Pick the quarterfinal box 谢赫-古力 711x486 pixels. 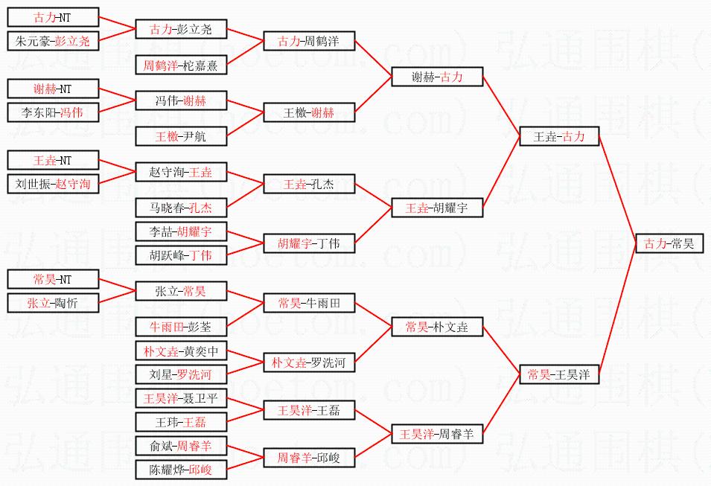coord(438,77)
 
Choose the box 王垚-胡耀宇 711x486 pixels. coord(438,208)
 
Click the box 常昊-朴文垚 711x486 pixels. coord(438,327)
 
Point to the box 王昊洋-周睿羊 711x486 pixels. coord(438,434)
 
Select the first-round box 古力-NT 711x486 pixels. coord(52,17)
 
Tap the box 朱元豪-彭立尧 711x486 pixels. coord(52,42)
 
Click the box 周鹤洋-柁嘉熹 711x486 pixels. coord(181,65)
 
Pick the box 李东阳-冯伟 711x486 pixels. coord(52,113)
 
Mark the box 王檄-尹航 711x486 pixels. coord(181,136)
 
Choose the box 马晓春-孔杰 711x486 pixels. coord(181,208)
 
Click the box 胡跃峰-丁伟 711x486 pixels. coord(181,255)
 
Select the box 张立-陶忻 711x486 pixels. coord(52,303)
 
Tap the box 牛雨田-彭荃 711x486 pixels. coord(181,326)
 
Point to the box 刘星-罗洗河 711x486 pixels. coord(181,374)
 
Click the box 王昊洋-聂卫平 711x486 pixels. coord(181,399)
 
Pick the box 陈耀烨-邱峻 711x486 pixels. coord(181,470)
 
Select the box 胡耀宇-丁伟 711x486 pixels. coord(309,243)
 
